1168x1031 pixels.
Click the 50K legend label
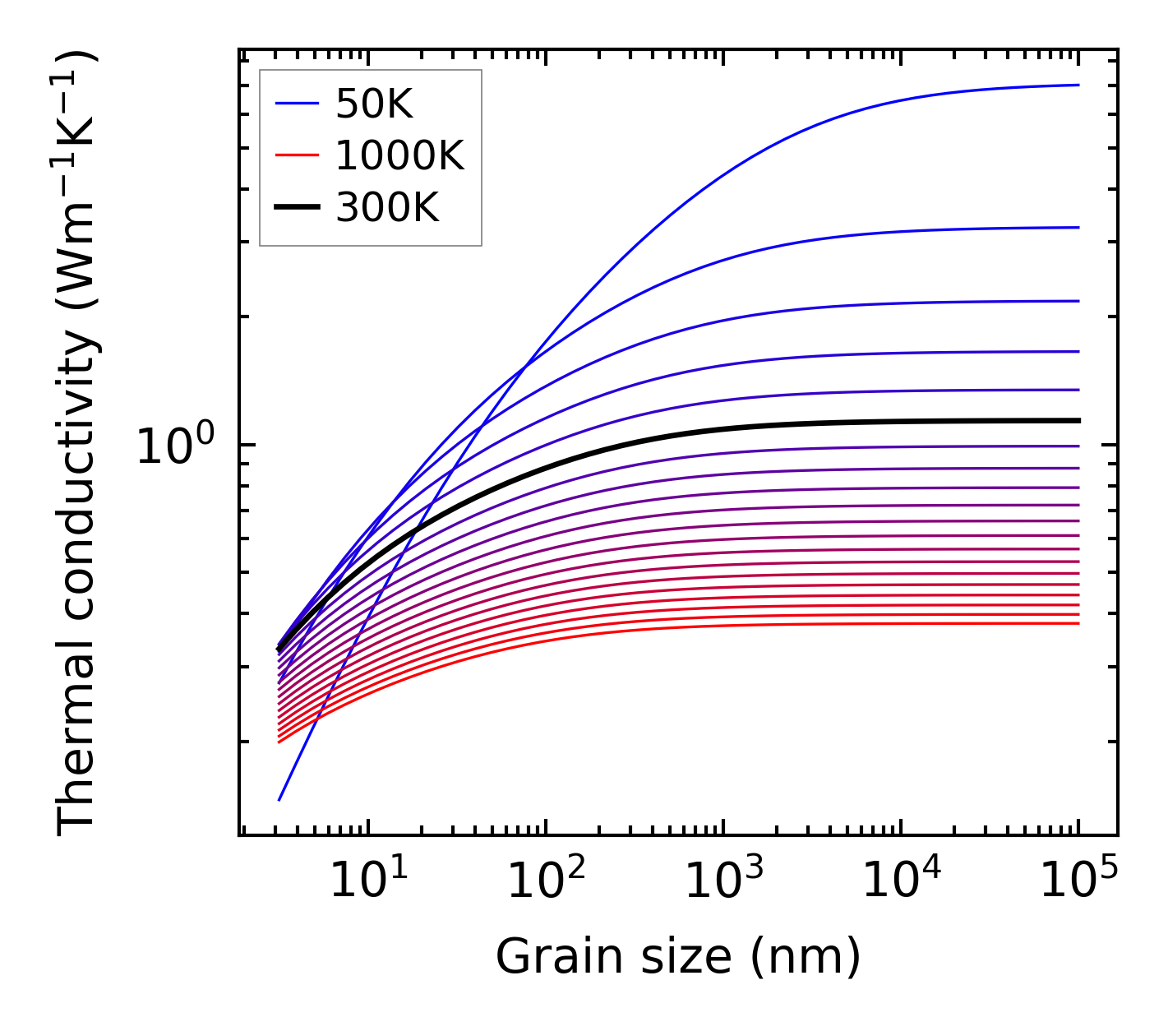[374, 104]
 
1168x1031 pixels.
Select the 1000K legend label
[399, 155]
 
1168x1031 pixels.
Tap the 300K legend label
[387, 208]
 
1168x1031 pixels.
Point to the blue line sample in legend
[296, 104]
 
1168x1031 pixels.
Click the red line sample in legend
[296, 155]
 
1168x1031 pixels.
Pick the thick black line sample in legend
[296, 208]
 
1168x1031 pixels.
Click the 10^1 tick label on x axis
[367, 881]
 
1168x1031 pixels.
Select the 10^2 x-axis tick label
[545, 881]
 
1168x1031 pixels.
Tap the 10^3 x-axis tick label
[722, 881]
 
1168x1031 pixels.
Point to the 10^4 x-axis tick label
[901, 881]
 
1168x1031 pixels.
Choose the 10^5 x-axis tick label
[1078, 881]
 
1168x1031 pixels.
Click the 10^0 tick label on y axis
[175, 446]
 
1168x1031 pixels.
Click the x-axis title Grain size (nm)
[678, 957]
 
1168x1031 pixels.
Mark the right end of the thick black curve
[1078, 420]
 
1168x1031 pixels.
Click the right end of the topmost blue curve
[1078, 85]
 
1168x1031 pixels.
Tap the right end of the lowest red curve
[1078, 623]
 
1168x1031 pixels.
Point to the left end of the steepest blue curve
[279, 799]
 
